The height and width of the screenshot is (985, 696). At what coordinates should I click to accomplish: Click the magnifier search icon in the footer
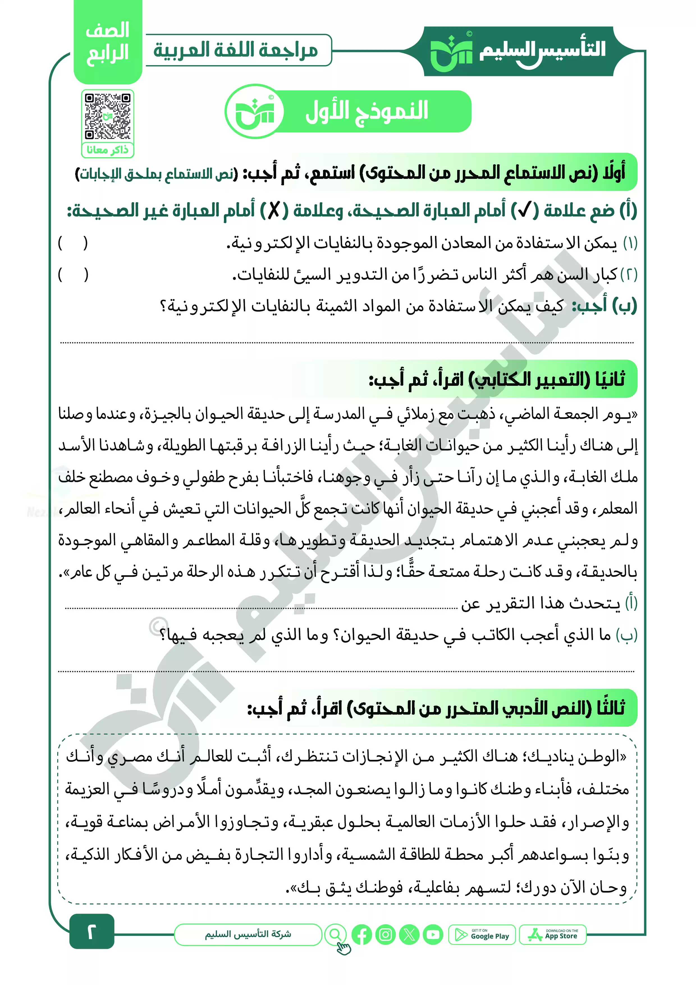[x=335, y=934]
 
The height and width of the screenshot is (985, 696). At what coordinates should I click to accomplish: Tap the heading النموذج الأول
[x=367, y=111]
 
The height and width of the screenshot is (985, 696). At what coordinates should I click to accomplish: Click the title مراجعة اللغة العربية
[x=236, y=50]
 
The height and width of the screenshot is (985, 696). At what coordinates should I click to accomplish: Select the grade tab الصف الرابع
[x=108, y=43]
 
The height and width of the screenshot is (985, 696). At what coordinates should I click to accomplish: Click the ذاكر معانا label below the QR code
[x=108, y=150]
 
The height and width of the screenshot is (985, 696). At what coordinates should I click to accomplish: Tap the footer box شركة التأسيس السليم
[x=248, y=934]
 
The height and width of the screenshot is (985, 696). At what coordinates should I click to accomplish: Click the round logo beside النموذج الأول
[x=255, y=111]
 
